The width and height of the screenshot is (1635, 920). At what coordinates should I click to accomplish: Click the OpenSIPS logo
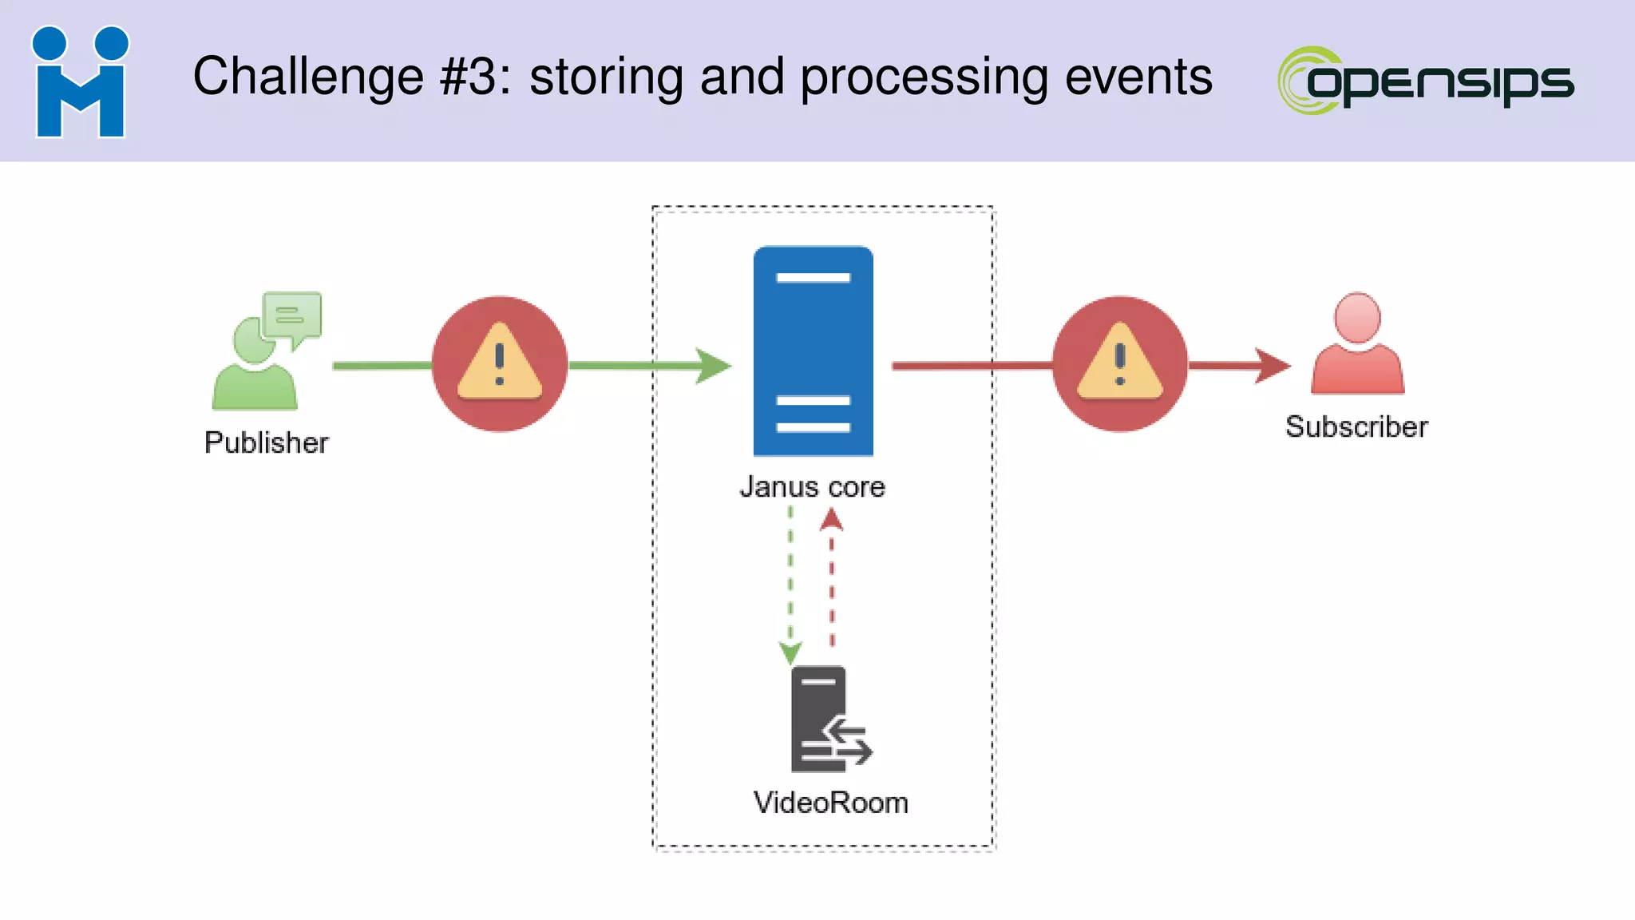(1426, 81)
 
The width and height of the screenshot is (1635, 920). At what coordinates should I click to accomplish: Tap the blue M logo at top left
(80, 82)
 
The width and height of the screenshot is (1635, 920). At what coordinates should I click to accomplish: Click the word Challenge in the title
(308, 77)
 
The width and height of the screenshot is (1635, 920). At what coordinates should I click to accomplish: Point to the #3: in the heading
(474, 77)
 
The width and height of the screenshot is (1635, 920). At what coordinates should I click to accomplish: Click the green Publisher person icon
(254, 367)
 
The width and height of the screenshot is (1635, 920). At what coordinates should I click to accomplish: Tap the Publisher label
(266, 442)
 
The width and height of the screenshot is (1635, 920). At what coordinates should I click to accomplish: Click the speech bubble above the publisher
(294, 316)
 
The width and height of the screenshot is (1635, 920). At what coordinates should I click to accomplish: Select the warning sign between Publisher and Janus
(500, 364)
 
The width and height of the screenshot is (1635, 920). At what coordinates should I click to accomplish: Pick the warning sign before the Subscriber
(1119, 364)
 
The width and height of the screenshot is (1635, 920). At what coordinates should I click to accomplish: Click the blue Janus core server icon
(813, 351)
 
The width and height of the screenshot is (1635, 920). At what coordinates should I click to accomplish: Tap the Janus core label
(812, 486)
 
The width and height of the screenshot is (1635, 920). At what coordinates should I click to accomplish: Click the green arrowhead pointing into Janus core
(712, 366)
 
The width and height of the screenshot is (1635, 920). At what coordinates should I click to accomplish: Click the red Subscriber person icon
(1357, 345)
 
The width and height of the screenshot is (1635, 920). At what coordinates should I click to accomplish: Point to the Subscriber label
(1356, 426)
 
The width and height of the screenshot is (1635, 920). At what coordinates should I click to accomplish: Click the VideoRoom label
(830, 803)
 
